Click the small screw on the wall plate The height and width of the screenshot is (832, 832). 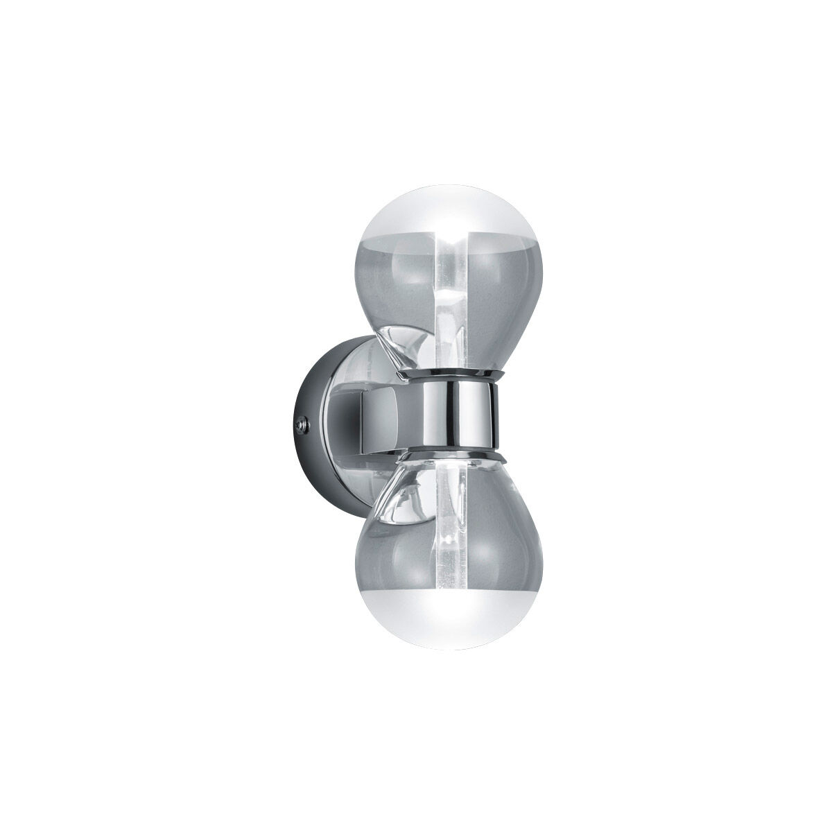pos(300,420)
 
